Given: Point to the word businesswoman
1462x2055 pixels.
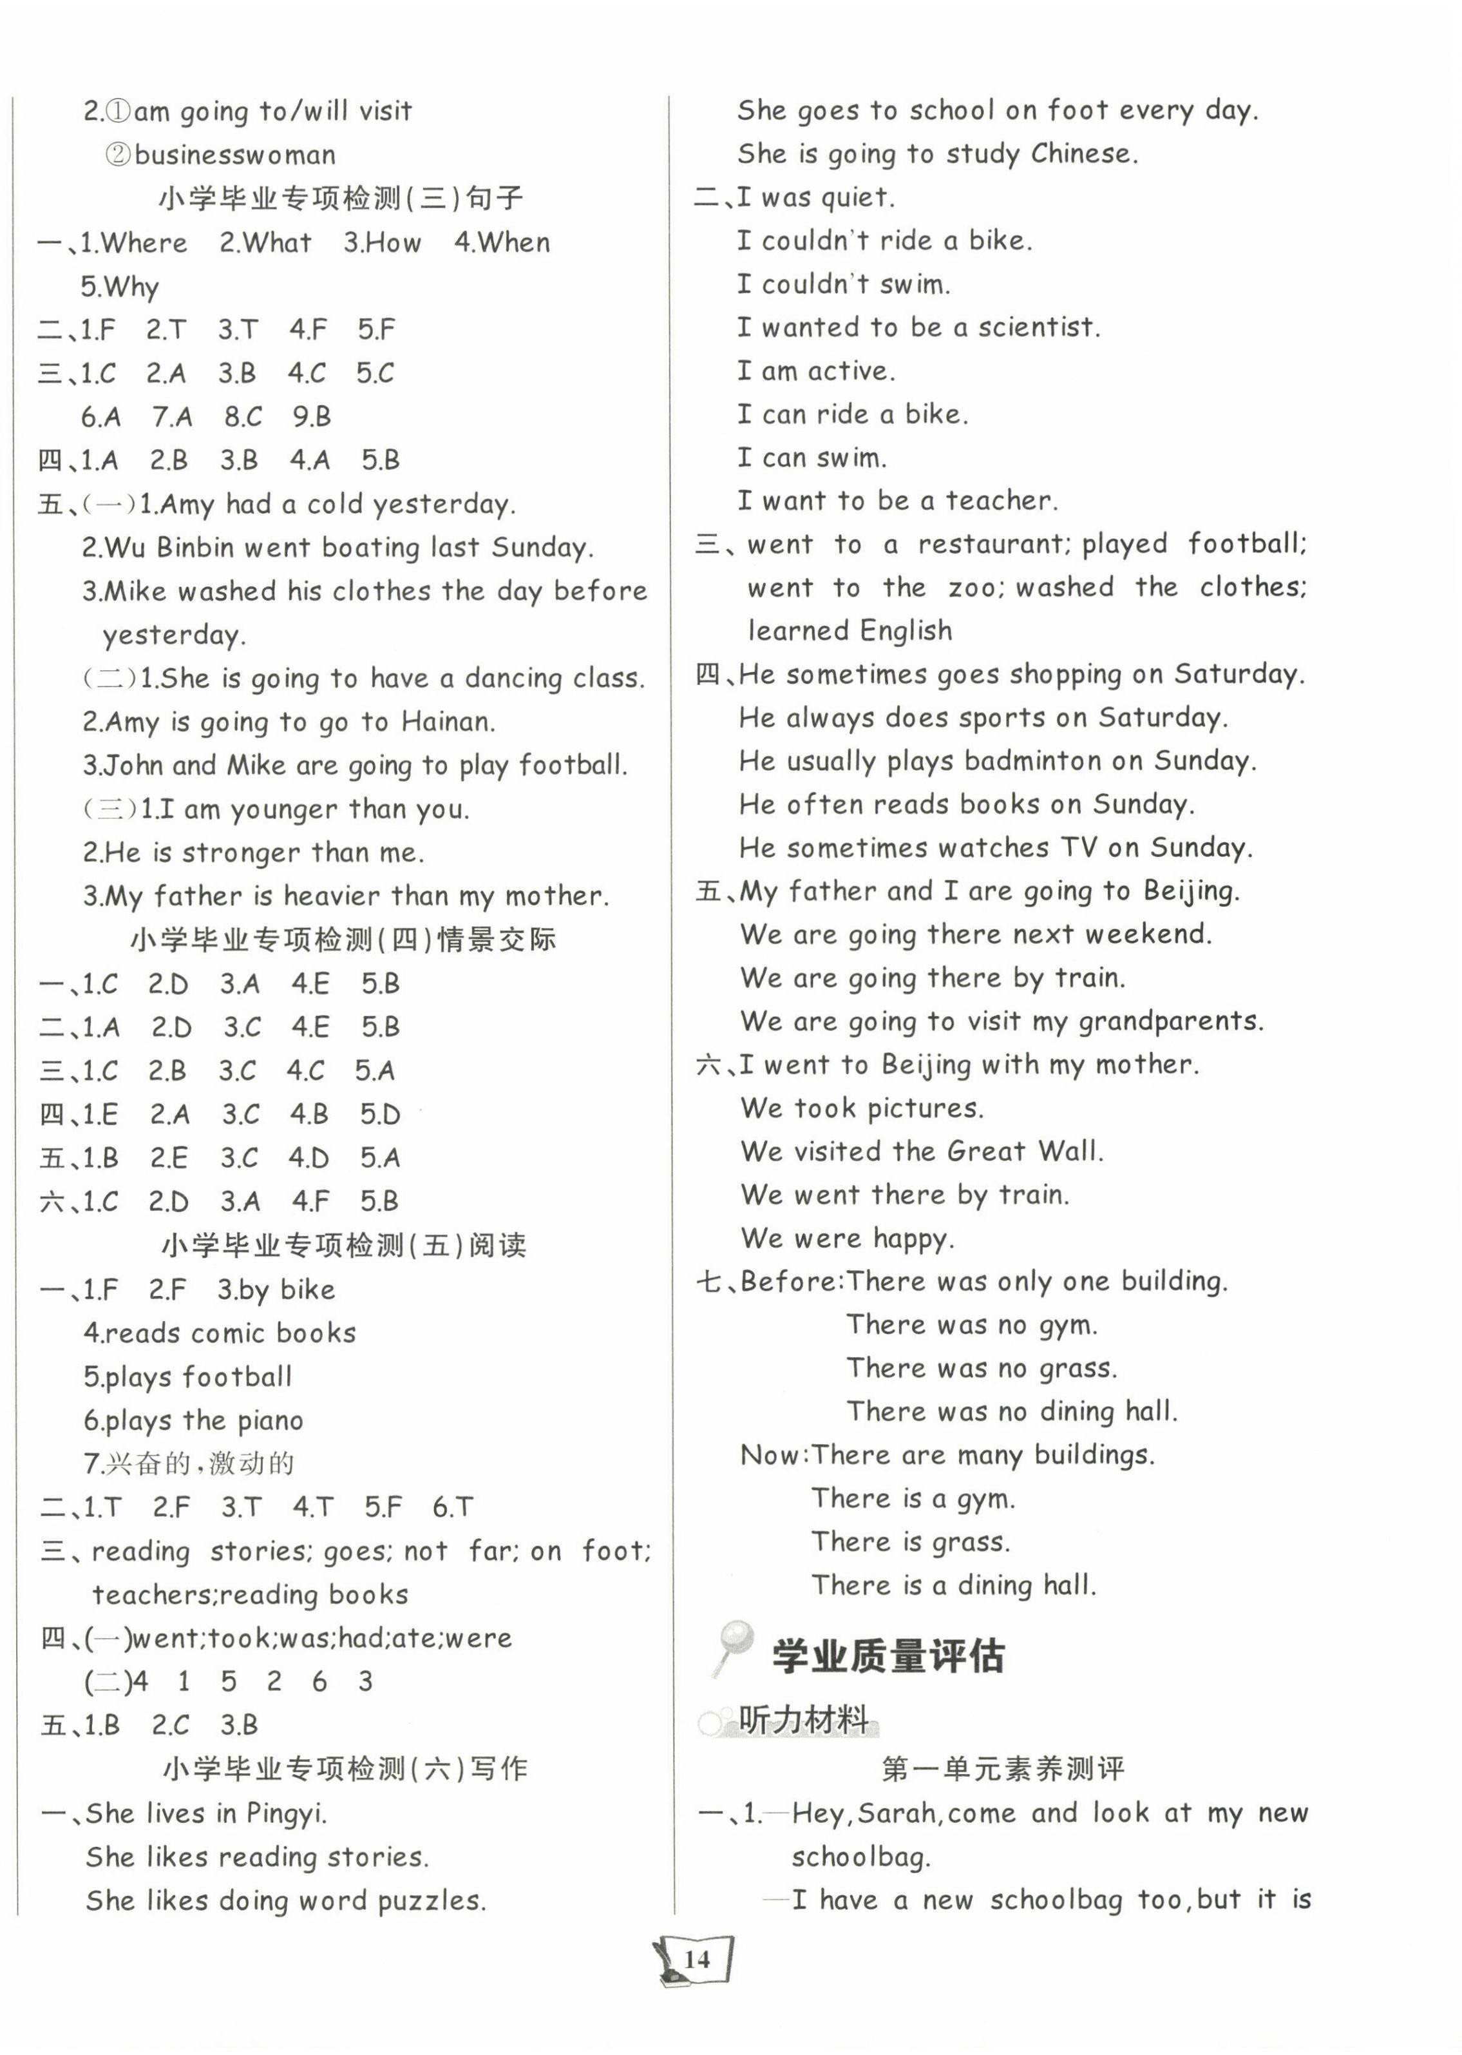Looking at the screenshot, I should pyautogui.click(x=235, y=155).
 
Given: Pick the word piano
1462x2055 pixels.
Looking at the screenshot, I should pyautogui.click(x=270, y=1421).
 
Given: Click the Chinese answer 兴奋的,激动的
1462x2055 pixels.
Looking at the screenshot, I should pyautogui.click(x=199, y=1463).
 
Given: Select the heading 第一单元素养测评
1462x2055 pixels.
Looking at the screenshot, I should pyautogui.click(x=1003, y=1770).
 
